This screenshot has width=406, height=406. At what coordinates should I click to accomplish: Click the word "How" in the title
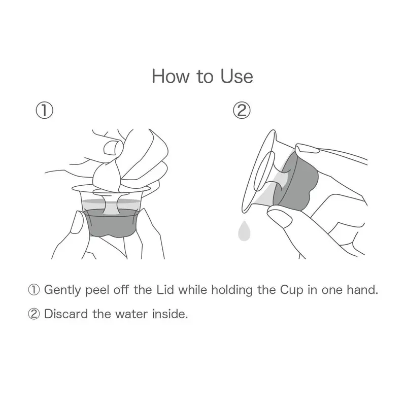click(171, 77)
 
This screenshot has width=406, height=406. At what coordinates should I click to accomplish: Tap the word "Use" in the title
click(236, 77)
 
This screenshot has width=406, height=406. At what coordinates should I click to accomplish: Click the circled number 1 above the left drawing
click(45, 110)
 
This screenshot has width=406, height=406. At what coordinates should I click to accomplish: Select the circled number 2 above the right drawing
click(242, 110)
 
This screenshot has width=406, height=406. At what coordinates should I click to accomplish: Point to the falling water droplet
click(244, 231)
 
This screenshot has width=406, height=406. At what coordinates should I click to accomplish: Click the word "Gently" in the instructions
click(62, 290)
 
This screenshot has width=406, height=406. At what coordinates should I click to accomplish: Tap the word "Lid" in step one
click(165, 289)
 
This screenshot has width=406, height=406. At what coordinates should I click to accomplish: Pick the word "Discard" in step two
click(66, 314)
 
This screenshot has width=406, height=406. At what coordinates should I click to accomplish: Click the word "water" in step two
click(131, 314)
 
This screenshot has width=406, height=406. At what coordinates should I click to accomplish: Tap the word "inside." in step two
click(170, 314)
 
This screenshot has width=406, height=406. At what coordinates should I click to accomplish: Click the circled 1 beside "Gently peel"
click(34, 290)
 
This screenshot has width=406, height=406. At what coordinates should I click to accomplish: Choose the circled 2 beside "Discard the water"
click(34, 314)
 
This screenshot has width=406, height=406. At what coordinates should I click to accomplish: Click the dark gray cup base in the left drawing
click(112, 224)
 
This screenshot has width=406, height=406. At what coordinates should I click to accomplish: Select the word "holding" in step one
click(232, 290)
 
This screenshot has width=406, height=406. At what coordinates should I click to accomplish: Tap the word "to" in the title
click(205, 77)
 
